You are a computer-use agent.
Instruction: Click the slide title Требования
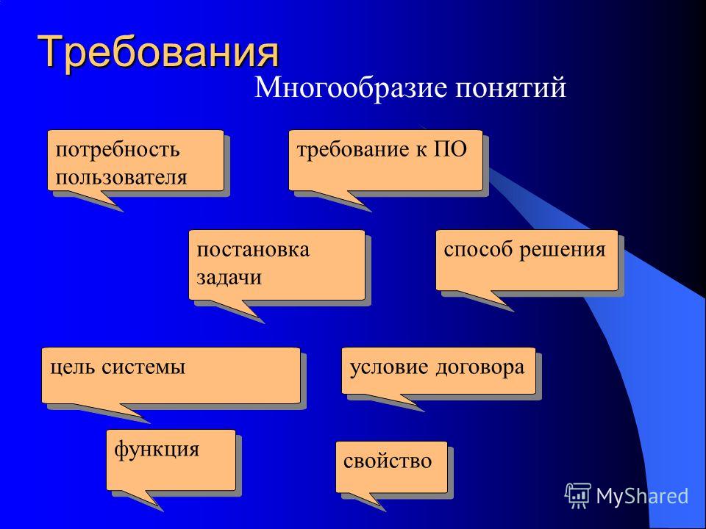tap(160, 51)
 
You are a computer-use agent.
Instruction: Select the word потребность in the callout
tap(107, 150)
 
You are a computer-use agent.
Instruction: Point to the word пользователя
tap(121, 176)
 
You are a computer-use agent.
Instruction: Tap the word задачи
tap(228, 277)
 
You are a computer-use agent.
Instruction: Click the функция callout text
tap(157, 448)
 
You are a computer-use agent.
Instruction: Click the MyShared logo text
tap(642, 495)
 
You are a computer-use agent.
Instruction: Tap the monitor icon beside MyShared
tap(579, 495)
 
